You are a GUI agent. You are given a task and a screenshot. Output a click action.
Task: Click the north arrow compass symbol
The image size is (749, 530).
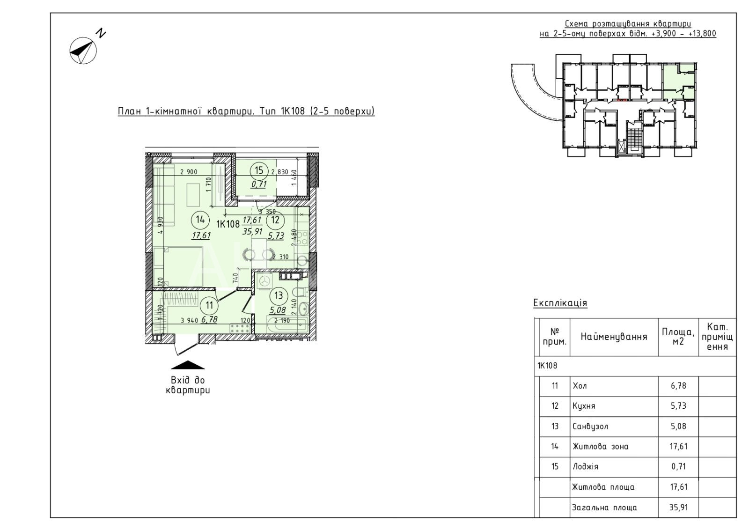(83, 51)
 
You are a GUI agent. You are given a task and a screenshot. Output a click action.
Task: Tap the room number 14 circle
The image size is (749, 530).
(200, 220)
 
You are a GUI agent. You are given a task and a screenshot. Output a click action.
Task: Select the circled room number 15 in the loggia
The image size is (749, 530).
(259, 170)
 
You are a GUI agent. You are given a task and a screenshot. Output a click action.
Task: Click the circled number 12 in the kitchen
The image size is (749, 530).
(275, 220)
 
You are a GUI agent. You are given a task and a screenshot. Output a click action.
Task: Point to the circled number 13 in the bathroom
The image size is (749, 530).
(279, 295)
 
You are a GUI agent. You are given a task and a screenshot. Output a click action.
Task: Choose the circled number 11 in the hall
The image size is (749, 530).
(209, 305)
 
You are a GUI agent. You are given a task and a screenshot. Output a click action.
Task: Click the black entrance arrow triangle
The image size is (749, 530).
(188, 365)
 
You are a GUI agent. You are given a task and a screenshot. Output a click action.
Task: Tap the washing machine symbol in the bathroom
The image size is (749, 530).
(265, 281)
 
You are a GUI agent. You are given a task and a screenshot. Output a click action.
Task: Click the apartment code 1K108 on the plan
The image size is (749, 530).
(228, 224)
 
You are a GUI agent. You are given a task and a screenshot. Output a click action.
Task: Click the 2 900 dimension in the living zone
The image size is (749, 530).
(189, 172)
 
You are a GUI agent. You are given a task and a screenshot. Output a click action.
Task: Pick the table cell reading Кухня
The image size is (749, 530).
(584, 406)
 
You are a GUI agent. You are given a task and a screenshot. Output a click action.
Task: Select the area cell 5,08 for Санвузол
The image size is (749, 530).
(678, 427)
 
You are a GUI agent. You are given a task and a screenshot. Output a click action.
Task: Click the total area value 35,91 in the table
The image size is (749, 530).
(678, 507)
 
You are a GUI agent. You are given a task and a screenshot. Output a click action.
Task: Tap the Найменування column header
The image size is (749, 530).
(614, 337)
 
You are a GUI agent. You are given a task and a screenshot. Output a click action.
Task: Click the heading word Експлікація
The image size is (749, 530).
(560, 303)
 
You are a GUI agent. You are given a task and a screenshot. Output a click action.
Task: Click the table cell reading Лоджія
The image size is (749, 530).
(585, 466)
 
